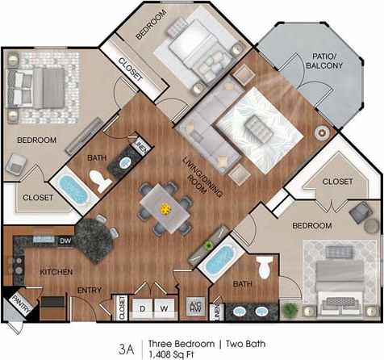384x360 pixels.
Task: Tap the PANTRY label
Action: coord(18,305)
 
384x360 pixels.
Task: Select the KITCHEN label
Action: coord(56,271)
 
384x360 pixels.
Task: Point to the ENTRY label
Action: coord(88,290)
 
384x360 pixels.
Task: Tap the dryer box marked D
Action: coord(143,308)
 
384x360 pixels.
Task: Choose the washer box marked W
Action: coord(164,308)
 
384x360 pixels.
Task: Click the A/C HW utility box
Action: coord(194,306)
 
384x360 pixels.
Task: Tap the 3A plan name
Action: coord(126,349)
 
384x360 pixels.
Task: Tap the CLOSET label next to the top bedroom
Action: coord(131,69)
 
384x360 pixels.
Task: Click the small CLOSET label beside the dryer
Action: coord(122,308)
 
